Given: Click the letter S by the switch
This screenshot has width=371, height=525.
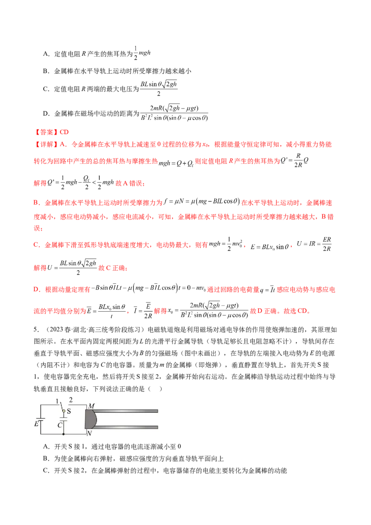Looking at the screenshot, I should click(69, 410).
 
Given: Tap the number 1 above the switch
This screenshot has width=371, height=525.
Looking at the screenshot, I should click(58, 400).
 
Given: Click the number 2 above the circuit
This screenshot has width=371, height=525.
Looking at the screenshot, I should click(71, 400).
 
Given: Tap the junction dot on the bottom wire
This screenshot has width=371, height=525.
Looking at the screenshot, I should click(64, 435).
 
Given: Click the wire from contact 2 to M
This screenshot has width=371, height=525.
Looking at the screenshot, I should click(77, 404).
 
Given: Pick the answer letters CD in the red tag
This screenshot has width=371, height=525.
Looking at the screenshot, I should click(65, 132).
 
